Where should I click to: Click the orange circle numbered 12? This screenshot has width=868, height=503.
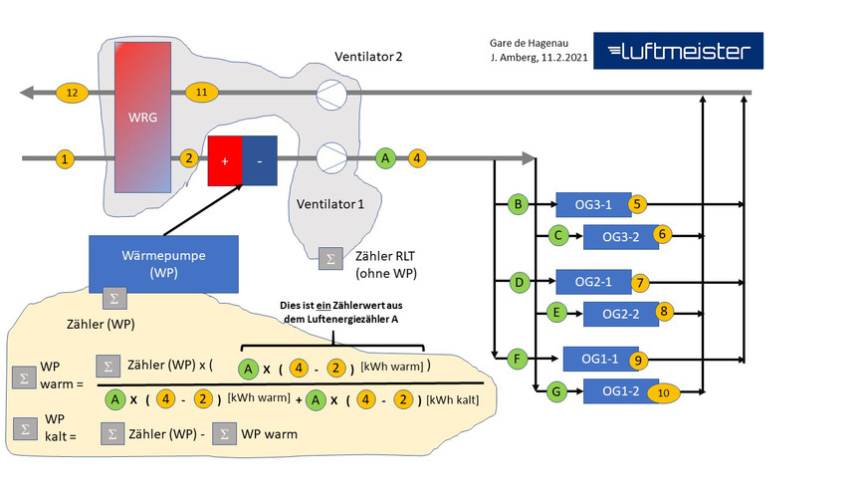[72, 92]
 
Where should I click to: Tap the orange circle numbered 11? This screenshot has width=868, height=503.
[202, 92]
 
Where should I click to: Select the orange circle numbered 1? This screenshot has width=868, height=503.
[65, 158]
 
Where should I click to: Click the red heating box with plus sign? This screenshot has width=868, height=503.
[224, 159]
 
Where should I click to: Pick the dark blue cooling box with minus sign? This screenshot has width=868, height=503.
[261, 159]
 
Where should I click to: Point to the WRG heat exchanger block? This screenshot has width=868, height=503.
[142, 118]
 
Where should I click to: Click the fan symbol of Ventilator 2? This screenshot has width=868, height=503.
[330, 95]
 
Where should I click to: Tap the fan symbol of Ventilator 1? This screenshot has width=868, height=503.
[330, 157]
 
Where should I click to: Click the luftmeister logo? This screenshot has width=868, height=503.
[678, 51]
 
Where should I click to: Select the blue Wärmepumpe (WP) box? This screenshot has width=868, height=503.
[163, 262]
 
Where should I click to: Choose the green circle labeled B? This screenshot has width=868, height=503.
[517, 205]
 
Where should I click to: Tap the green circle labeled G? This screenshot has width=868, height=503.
[557, 392]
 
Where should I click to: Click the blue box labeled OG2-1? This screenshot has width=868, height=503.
[594, 282]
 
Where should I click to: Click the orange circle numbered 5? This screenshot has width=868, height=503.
[638, 204]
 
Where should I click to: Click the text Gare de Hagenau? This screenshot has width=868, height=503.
[530, 44]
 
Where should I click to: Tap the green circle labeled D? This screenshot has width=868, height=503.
[517, 283]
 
